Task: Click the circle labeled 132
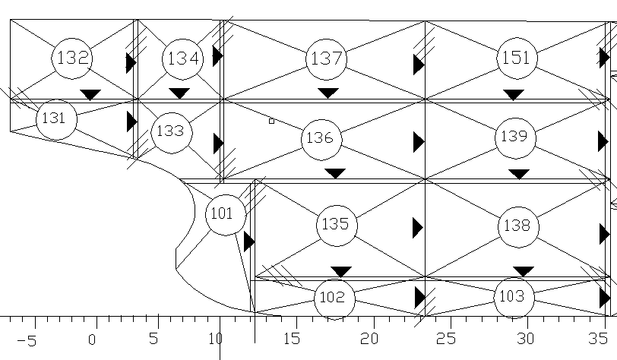(73, 58)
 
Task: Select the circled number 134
(182, 58)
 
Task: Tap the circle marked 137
(327, 58)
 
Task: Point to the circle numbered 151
(517, 58)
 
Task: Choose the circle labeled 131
(55, 118)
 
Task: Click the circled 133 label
(170, 131)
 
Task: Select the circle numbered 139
(514, 137)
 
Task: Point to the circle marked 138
(518, 226)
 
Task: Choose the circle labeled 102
(334, 298)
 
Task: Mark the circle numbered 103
(514, 296)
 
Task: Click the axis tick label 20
(371, 339)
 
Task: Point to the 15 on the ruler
(293, 339)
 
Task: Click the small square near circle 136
(271, 121)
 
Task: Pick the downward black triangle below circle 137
(327, 93)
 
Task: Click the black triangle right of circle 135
(417, 227)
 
